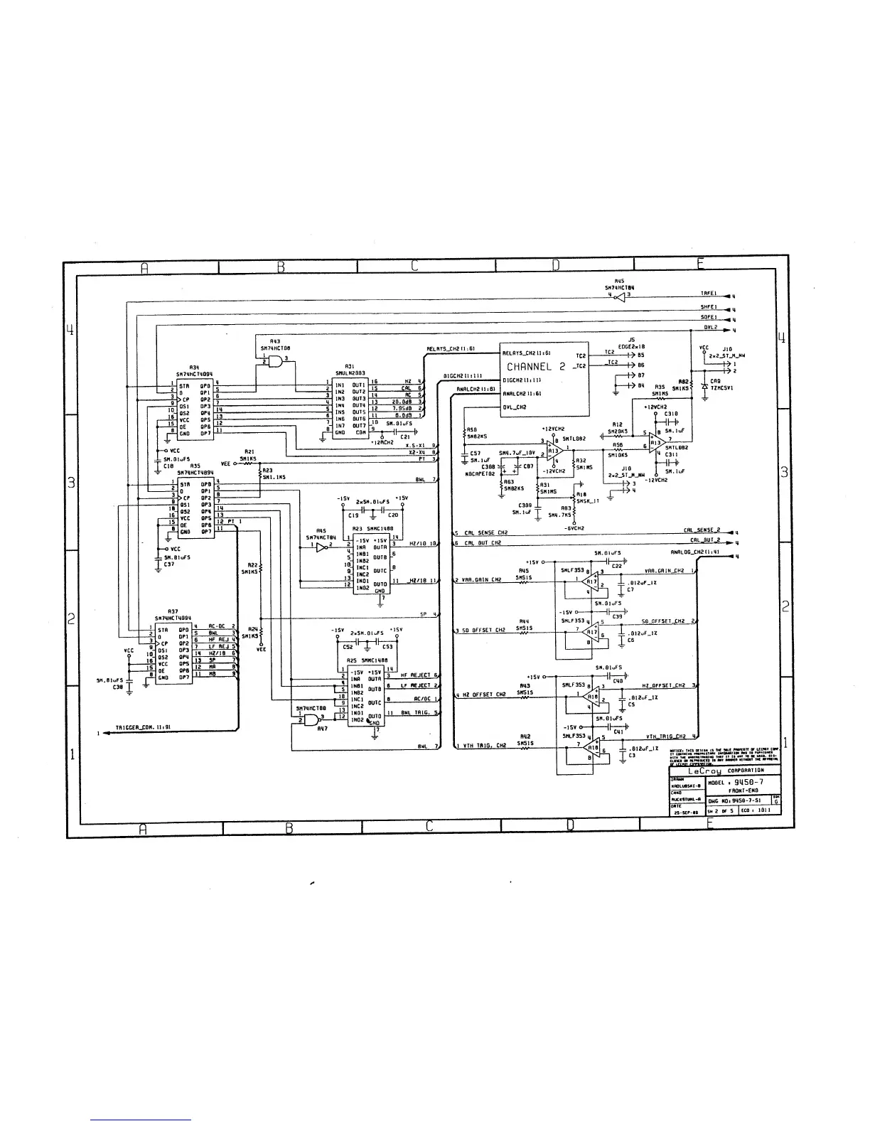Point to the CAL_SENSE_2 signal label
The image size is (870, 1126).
[702, 530]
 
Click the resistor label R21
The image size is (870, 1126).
[249, 451]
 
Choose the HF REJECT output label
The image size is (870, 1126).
[416, 675]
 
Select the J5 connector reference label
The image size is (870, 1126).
[631, 340]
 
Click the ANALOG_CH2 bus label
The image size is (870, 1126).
[694, 552]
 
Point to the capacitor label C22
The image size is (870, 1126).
[617, 566]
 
